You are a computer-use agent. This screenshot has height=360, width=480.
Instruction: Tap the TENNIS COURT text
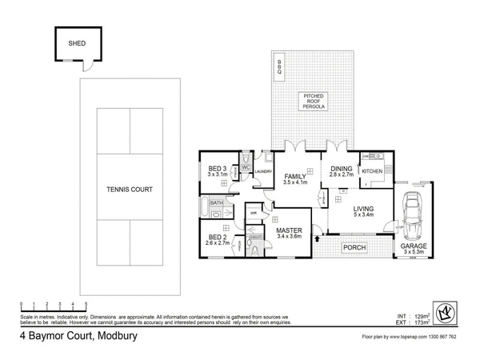coord(129,190)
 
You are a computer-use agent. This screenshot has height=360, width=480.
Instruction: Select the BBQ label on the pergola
coord(279,69)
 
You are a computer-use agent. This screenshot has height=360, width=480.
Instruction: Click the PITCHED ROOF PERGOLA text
coord(313,102)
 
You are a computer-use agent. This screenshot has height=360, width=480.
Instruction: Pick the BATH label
coord(217,203)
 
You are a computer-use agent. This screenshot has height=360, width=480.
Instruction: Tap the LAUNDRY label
coord(264,171)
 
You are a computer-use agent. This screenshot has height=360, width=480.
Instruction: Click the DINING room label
coord(342,169)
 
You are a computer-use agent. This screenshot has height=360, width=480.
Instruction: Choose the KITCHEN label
coord(373,171)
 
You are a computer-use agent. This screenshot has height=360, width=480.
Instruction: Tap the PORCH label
coord(354,248)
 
